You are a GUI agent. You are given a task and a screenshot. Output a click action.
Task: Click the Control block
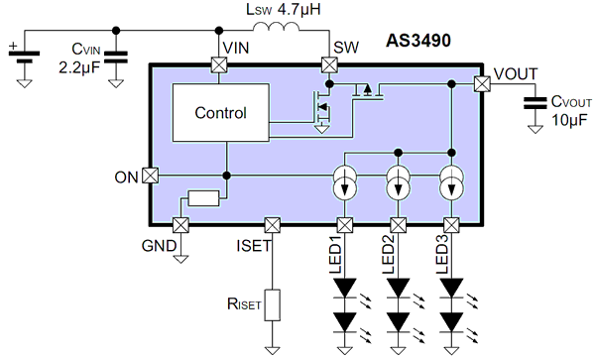(x=219, y=113)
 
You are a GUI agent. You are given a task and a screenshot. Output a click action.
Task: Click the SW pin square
(x=328, y=65)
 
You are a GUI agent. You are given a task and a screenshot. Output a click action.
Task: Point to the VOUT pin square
(x=481, y=84)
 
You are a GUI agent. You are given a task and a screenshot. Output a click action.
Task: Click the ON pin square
(x=150, y=176)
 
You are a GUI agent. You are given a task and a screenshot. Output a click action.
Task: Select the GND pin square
(x=181, y=224)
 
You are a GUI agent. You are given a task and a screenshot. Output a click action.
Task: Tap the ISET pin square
(x=273, y=224)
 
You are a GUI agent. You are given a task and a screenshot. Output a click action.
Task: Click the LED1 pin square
(x=345, y=224)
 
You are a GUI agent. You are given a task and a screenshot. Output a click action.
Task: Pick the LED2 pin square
(x=399, y=224)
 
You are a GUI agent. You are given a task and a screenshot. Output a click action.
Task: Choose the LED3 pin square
(x=452, y=224)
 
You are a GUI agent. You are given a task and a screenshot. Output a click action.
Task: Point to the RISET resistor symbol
(x=273, y=305)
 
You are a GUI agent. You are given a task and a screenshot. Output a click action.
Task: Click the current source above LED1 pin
(x=345, y=185)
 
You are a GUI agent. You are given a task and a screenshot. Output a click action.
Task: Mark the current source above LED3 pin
(x=452, y=185)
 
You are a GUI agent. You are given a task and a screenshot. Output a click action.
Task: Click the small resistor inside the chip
(x=204, y=198)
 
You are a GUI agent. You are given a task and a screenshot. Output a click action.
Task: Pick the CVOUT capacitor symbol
(x=536, y=102)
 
